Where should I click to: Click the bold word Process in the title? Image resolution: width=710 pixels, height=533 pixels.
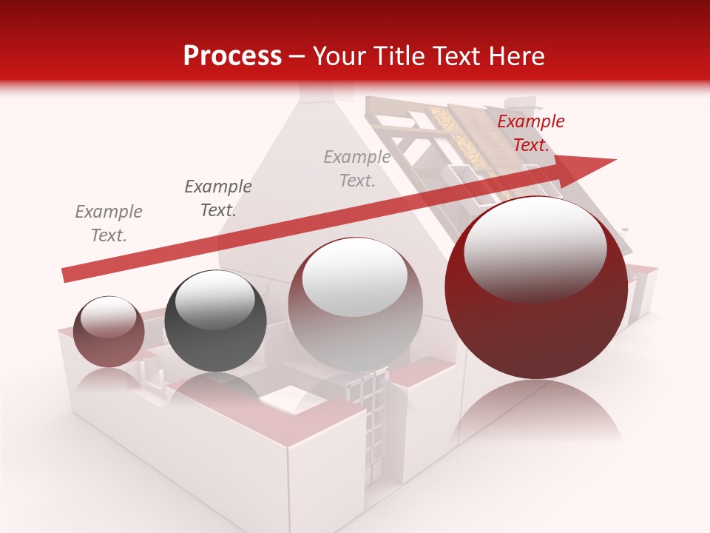click(x=232, y=56)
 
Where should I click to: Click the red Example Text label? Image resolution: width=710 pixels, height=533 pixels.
click(x=530, y=133)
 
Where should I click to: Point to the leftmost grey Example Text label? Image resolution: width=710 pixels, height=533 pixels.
click(x=109, y=224)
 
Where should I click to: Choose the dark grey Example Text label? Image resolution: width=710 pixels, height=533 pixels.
click(x=217, y=198)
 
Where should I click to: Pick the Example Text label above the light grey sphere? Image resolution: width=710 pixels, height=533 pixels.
click(x=357, y=168)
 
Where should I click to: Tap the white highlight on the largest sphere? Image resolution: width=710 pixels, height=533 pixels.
click(x=535, y=248)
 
